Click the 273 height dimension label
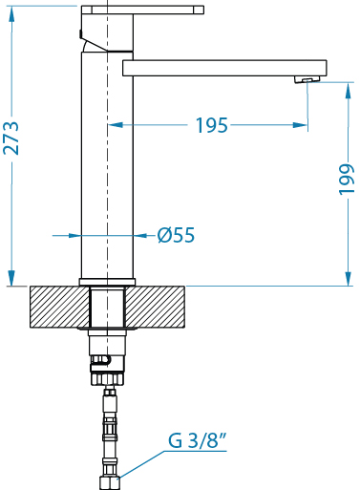pos(11,138)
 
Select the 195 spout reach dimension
pos(212,125)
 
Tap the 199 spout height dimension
pos(347,179)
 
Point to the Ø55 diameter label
pos(176,235)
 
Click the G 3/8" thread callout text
pos(198,441)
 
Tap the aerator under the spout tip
pos(307,79)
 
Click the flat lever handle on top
pos(142,10)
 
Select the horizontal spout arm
pos(224,68)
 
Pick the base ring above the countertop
pos(107,282)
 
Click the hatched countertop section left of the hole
pos(59,307)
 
